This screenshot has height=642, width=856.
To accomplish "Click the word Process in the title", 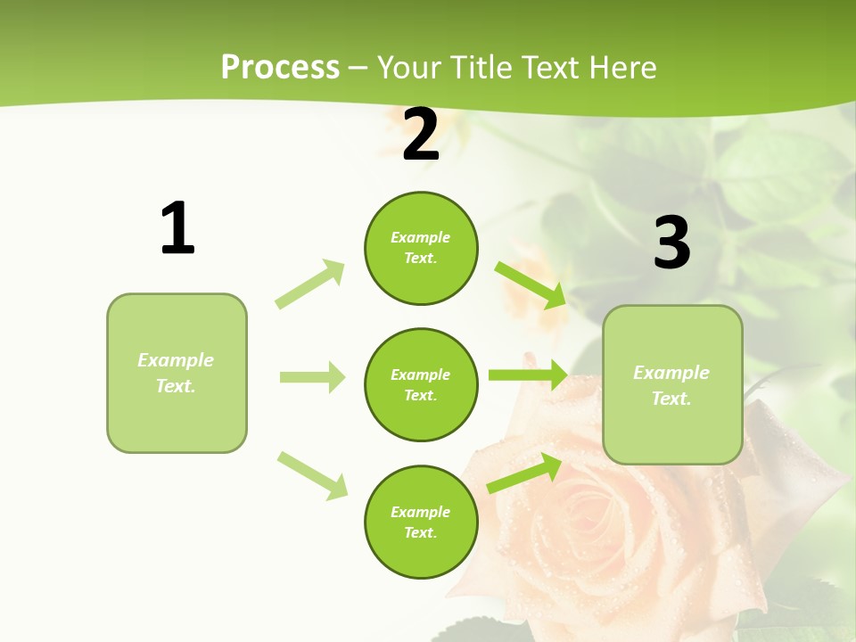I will [280, 67].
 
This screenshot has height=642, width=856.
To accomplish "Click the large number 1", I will [177, 228].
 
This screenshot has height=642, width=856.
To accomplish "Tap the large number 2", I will [421, 136].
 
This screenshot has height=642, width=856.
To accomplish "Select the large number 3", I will [671, 243].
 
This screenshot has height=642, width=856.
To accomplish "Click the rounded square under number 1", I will [177, 373].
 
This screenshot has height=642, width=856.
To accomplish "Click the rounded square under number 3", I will [672, 384].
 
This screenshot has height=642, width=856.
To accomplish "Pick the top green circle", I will [421, 248].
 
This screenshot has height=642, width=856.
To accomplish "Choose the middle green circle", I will [421, 384].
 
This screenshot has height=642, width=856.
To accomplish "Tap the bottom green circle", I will [421, 522].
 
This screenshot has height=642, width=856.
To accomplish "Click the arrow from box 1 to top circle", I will [310, 284].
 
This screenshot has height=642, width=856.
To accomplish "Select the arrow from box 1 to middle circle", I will [312, 377].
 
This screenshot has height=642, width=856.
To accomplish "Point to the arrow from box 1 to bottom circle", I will [312, 475].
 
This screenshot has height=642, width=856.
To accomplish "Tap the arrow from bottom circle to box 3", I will [524, 473].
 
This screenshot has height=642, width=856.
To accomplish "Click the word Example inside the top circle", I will [421, 237].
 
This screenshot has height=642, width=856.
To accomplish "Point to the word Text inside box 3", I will [671, 399].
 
